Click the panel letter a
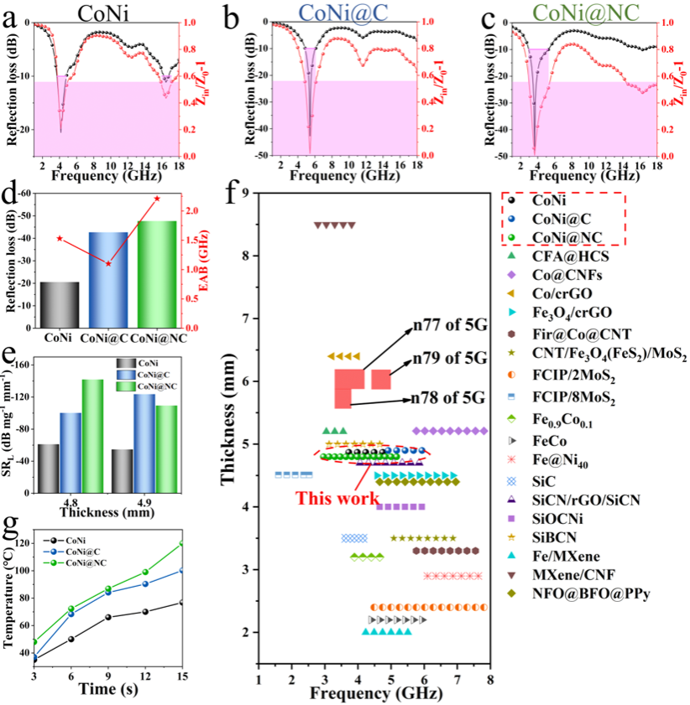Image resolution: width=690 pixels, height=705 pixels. coord(11,17)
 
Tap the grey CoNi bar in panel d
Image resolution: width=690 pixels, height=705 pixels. coord(60,304)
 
